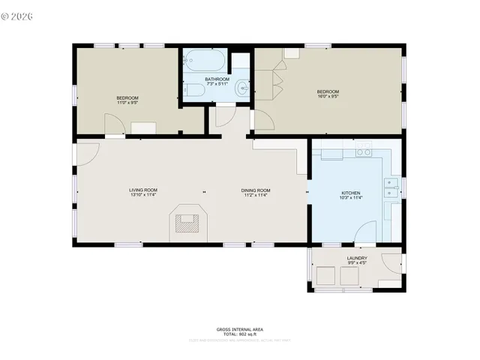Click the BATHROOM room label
click(x=217, y=79)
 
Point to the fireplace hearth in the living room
click(x=187, y=221)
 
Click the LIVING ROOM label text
click(x=143, y=190)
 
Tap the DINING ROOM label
click(x=256, y=190)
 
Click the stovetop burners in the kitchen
click(x=364, y=152)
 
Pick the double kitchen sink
click(x=391, y=187)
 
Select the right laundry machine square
click(x=350, y=277)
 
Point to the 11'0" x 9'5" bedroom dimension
click(x=127, y=103)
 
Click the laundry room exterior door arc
click(x=391, y=263)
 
